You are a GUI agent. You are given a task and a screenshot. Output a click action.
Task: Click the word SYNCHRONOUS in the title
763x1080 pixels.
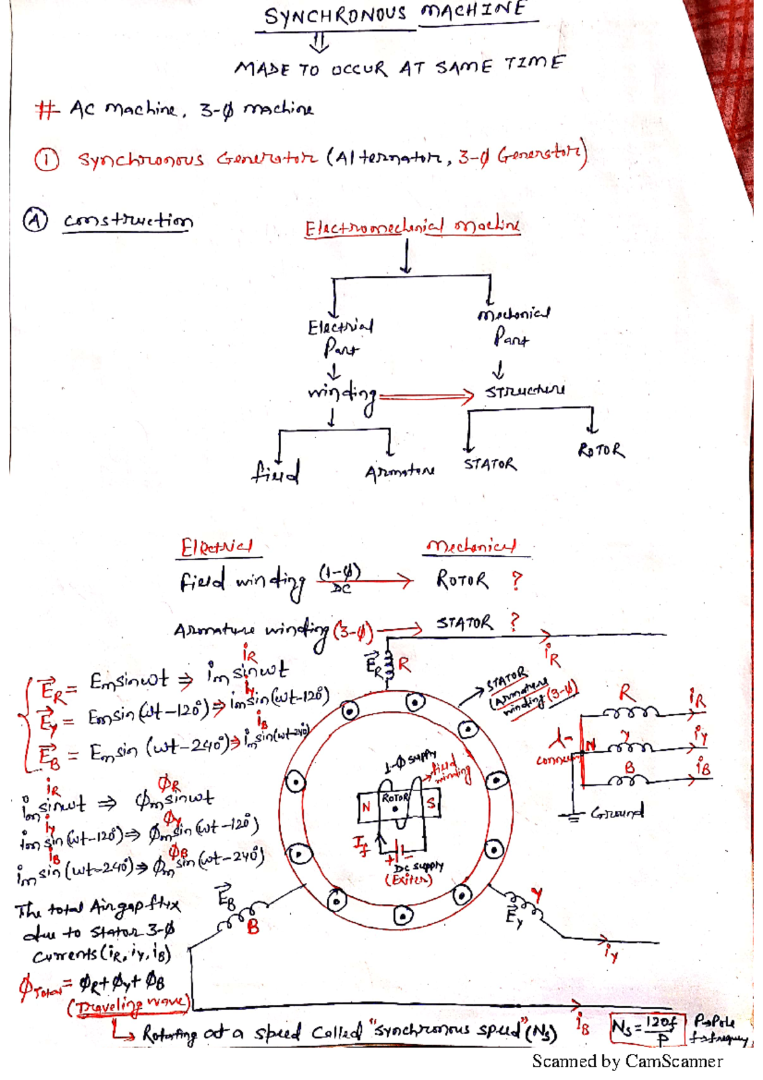coord(335,15)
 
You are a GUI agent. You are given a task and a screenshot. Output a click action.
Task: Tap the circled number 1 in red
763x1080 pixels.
coord(46,160)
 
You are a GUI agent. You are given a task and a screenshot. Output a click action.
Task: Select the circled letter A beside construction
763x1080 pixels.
coord(35,220)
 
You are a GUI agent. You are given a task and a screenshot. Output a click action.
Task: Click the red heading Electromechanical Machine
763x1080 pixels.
coord(412,226)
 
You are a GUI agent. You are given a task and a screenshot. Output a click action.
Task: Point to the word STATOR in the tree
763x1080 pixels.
coord(490,464)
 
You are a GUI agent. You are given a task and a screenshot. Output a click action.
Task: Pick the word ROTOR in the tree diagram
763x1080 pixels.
coord(601,451)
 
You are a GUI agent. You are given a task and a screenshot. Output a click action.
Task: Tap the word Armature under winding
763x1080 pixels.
coord(399,472)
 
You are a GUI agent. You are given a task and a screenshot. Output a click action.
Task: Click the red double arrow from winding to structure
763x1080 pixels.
coord(426,396)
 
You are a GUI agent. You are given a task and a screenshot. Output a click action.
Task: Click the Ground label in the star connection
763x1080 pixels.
coord(617,812)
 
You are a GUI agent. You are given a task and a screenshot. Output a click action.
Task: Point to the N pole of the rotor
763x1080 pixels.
coord(366,807)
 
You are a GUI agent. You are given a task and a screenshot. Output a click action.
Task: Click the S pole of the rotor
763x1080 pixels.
coord(431,803)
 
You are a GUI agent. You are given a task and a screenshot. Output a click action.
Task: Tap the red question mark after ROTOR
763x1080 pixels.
coord(516,580)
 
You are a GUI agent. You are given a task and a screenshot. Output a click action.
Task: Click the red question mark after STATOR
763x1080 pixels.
coord(514,621)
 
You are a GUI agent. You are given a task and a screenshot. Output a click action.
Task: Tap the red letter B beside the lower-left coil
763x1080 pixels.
coord(253,927)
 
